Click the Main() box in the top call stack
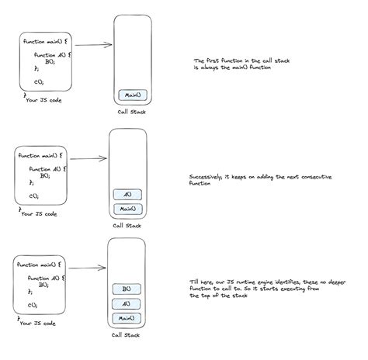pyautogui.click(x=130, y=96)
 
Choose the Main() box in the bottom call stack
pyautogui.click(x=126, y=317)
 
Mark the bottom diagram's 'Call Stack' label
pyautogui.click(x=127, y=336)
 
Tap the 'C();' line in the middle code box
pyautogui.click(x=35, y=196)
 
